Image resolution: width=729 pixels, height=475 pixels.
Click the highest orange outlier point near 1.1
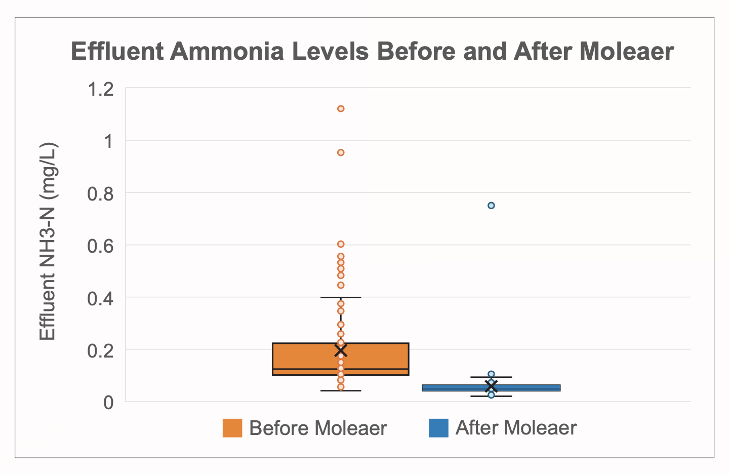click(341, 109)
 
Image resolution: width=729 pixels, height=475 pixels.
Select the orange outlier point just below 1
click(341, 153)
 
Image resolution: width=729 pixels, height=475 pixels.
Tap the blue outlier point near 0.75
click(491, 206)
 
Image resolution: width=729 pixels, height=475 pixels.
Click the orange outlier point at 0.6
click(341, 244)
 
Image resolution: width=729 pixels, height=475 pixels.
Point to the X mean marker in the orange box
click(341, 350)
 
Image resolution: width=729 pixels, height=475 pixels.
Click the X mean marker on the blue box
click(491, 386)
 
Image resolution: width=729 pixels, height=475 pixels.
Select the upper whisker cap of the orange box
click(341, 297)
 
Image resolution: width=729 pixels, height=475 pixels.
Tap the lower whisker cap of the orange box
click(341, 390)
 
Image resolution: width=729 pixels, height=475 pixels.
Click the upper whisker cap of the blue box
click(491, 377)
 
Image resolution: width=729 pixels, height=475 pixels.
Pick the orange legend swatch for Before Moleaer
click(232, 428)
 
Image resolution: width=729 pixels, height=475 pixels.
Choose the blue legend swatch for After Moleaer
click(439, 428)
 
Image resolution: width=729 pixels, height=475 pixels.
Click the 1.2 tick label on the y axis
click(101, 89)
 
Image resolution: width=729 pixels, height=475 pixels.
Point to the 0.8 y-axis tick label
click(100, 194)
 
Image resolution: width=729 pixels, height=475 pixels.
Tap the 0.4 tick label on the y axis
click(100, 299)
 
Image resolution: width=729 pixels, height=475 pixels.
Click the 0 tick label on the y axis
click(108, 403)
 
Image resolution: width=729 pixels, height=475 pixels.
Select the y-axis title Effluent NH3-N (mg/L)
click(48, 241)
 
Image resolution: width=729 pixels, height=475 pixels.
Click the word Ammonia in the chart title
click(227, 51)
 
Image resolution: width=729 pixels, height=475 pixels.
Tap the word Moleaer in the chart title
click(627, 51)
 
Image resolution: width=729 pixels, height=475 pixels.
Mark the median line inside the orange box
click(341, 369)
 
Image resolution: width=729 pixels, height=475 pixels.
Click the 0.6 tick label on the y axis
click(100, 247)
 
